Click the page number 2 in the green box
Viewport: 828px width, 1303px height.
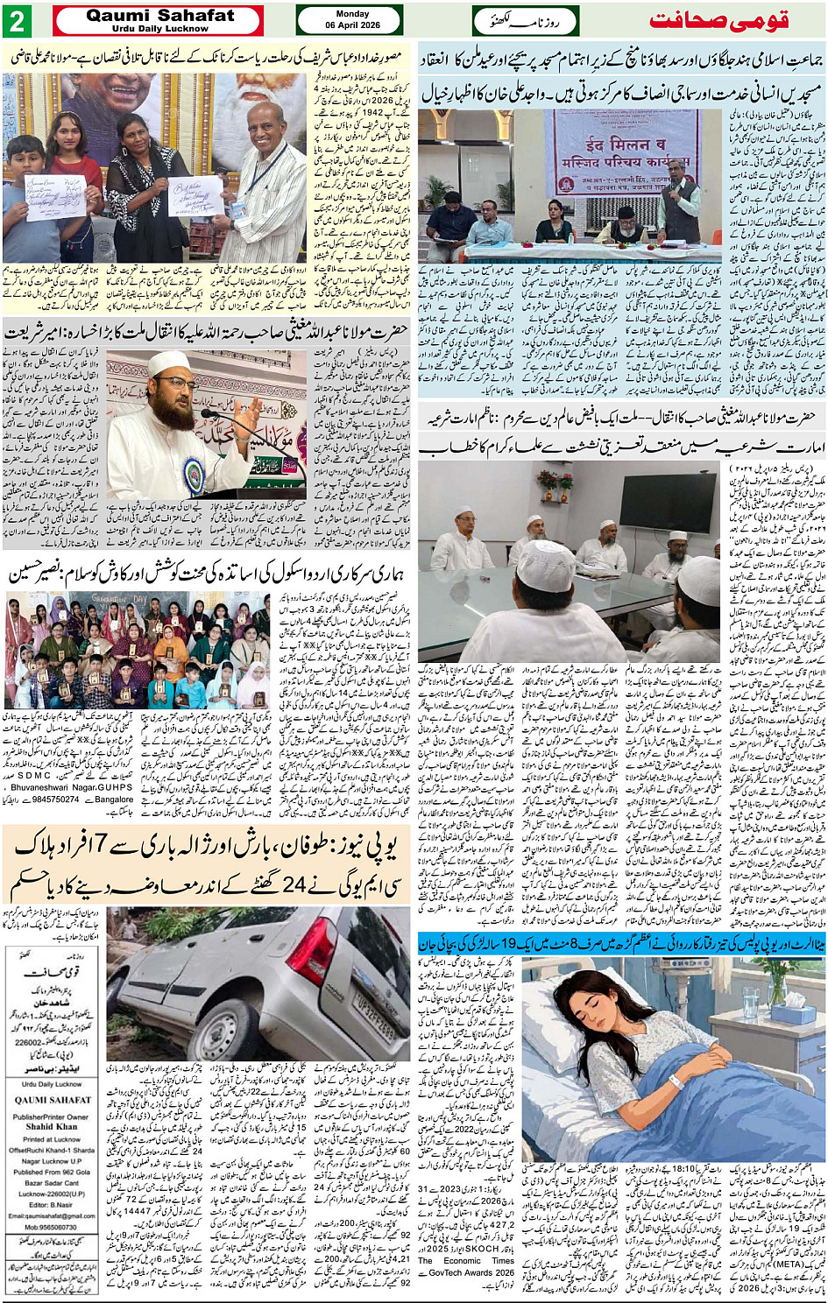17,20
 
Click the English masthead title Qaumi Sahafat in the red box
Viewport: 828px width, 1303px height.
160,16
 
